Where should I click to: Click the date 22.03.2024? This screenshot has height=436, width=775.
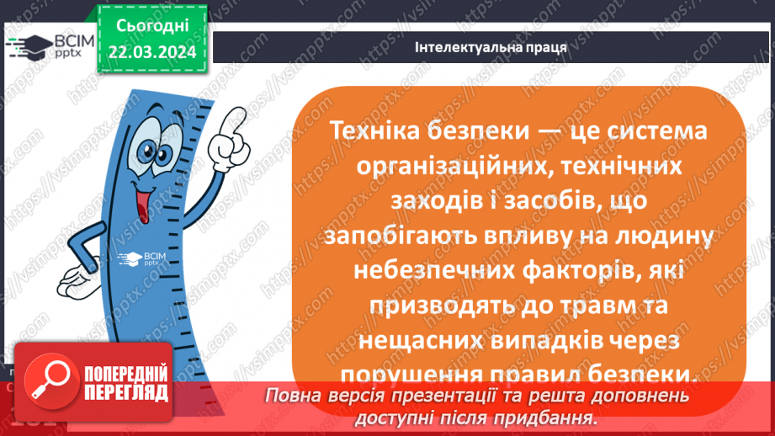(152, 52)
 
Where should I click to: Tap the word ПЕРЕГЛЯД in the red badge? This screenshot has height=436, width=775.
(125, 393)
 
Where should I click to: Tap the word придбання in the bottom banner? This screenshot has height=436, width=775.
(544, 417)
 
